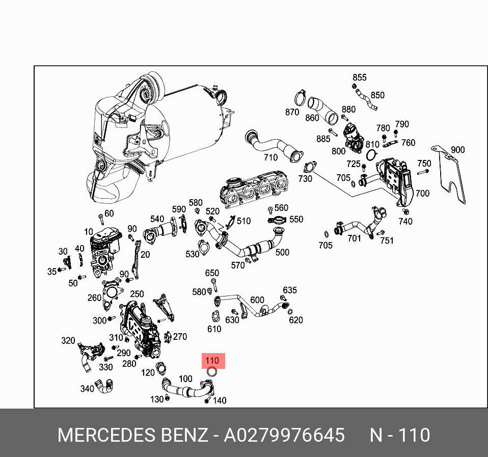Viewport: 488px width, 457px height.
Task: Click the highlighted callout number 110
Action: (211, 361)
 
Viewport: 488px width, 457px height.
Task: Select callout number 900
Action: (457, 150)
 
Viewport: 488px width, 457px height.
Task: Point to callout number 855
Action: (360, 77)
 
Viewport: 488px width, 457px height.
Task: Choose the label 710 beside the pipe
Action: (270, 157)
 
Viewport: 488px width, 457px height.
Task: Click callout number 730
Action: (305, 179)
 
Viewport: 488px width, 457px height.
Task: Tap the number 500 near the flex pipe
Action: (282, 252)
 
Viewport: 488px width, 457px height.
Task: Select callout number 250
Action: (137, 294)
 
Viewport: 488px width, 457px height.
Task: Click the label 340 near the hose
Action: (87, 389)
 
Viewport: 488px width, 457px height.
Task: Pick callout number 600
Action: (257, 300)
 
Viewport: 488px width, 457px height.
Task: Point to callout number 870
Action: (292, 112)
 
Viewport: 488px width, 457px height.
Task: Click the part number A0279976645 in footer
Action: (284, 436)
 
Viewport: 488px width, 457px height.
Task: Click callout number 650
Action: (212, 273)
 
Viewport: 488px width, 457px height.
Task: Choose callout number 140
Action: (220, 400)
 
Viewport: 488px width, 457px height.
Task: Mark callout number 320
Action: (68, 340)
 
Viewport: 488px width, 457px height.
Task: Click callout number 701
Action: (354, 238)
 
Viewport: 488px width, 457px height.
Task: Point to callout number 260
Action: (94, 298)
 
